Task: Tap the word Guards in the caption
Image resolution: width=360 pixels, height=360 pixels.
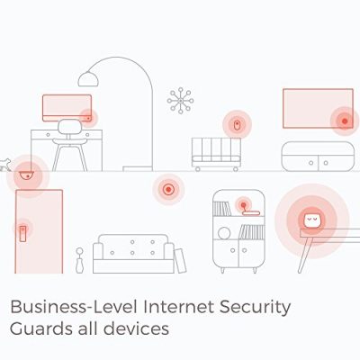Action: tap(41, 328)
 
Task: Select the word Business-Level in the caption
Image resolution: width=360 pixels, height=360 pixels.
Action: tap(74, 307)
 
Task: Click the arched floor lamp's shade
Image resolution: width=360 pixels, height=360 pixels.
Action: tap(88, 78)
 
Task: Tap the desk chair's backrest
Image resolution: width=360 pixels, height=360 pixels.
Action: tap(69, 127)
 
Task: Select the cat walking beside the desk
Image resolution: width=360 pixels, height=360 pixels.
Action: tap(5, 165)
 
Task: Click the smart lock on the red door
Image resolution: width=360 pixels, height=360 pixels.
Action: tap(22, 234)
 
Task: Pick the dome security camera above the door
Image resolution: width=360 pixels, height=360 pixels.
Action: tap(27, 175)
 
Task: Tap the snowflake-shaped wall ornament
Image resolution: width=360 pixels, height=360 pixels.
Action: tap(180, 101)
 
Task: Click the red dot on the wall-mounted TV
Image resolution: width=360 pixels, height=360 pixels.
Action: tap(345, 121)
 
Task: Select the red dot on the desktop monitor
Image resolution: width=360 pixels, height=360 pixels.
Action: tap(88, 118)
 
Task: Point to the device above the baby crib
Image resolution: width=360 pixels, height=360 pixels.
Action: tap(237, 124)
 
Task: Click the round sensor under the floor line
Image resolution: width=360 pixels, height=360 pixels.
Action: tap(168, 190)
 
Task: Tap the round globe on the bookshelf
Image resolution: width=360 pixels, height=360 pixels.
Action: tap(224, 233)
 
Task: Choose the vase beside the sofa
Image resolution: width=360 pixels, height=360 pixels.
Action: tap(79, 260)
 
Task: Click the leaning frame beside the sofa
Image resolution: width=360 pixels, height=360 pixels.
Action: tap(180, 261)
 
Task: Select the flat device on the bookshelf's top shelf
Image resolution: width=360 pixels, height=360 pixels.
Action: tap(251, 213)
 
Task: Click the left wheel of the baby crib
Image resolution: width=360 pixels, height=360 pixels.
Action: tap(197, 169)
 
